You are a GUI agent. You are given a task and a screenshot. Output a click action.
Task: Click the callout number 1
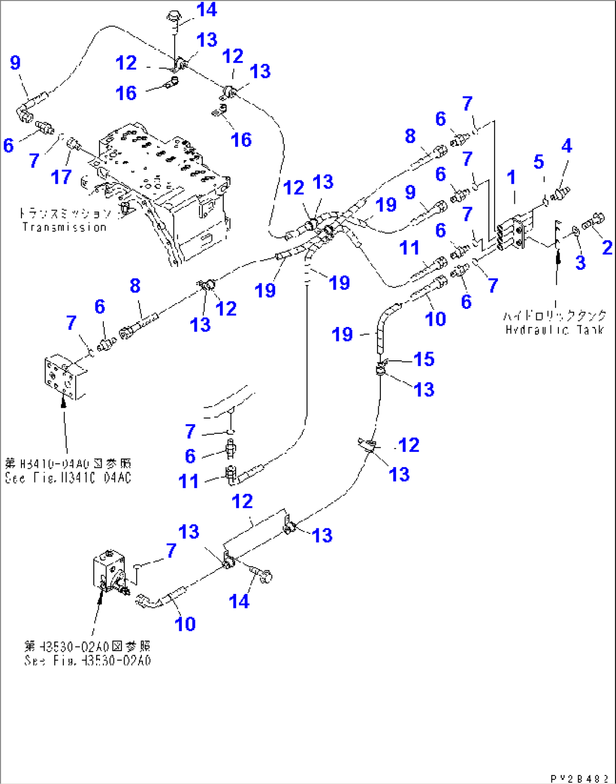tap(511, 177)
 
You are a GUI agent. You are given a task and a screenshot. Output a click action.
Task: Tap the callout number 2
tap(607, 247)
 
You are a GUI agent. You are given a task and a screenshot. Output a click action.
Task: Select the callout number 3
tap(580, 262)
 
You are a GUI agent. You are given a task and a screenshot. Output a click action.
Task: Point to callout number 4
tap(566, 146)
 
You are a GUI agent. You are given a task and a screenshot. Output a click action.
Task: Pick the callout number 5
tap(539, 162)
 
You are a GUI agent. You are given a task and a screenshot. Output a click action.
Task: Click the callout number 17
tap(61, 177)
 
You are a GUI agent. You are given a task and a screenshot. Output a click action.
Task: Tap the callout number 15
tap(424, 359)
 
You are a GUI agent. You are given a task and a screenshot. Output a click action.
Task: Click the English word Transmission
tap(64, 227)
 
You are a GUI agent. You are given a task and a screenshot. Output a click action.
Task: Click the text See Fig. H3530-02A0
tap(88, 660)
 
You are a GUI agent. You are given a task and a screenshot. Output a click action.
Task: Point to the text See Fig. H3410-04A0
tap(68, 477)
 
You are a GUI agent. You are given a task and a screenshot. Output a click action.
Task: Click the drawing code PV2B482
tap(579, 778)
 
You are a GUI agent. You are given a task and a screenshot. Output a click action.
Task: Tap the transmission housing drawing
tap(164, 192)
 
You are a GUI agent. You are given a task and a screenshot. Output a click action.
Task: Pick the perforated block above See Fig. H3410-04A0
tap(63, 376)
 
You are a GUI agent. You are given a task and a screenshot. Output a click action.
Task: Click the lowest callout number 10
tap(185, 623)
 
